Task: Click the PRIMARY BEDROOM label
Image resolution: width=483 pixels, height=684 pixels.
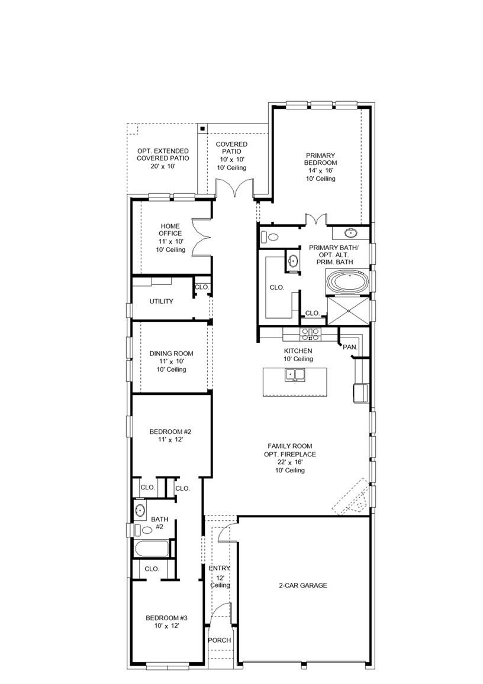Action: coord(320,158)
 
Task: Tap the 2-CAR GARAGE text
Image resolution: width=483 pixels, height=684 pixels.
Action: coord(302,586)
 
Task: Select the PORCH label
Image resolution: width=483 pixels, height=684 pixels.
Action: coord(220,640)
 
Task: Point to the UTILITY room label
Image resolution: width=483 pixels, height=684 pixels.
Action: coord(161,302)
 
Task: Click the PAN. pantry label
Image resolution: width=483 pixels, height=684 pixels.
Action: coord(349,347)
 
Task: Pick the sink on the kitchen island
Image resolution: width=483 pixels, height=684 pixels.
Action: coord(294,374)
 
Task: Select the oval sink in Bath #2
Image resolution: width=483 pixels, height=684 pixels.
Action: coord(141,510)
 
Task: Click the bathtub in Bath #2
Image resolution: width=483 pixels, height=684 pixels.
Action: coord(152,549)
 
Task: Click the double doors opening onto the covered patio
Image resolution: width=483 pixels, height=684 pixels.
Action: coord(234,189)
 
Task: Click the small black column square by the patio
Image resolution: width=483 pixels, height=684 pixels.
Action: coord(202,128)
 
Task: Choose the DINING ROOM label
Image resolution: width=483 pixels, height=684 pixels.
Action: coord(171,354)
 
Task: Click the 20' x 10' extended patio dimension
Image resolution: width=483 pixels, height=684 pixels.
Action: coord(163,167)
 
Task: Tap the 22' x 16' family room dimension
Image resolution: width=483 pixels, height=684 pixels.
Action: coord(290,462)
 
